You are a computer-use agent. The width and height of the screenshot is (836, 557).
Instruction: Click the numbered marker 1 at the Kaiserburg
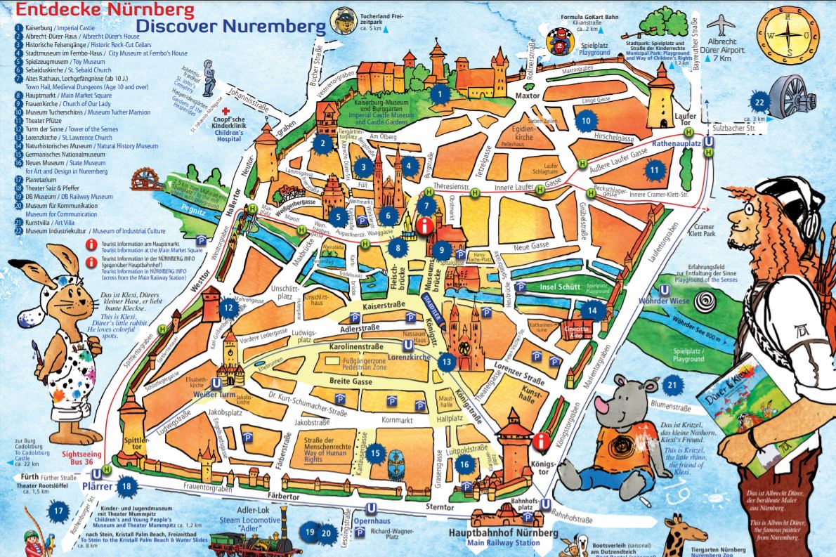point(439,93)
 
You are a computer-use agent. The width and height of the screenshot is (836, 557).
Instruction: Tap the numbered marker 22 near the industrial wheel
point(759,103)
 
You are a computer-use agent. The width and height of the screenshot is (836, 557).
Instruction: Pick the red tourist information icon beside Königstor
point(540,441)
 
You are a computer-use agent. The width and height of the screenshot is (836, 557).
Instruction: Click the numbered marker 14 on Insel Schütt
point(592,310)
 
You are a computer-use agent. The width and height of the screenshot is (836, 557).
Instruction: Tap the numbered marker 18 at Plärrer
point(126,484)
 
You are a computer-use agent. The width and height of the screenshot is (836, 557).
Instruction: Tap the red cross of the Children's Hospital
point(226,112)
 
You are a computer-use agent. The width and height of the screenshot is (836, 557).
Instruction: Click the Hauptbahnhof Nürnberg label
point(502,533)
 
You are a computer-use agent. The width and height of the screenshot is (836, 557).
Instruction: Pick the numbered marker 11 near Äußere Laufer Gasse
point(653,169)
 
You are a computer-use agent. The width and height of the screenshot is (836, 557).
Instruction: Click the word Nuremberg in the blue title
point(276,27)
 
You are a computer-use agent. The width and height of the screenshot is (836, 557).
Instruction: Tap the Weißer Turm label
point(213,395)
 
